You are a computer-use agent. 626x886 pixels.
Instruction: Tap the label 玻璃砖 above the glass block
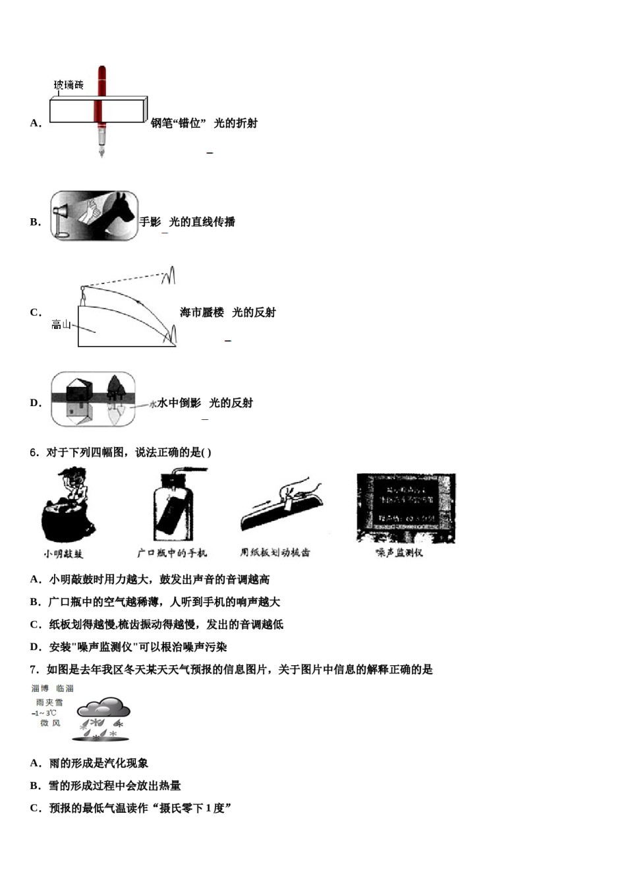(69, 85)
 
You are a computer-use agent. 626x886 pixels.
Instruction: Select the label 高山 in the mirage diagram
(61, 324)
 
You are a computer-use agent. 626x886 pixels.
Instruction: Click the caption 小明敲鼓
(63, 554)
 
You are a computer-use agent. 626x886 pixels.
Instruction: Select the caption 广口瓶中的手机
(172, 553)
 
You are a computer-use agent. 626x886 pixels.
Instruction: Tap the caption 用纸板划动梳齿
(275, 552)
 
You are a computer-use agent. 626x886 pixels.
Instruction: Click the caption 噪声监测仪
(399, 552)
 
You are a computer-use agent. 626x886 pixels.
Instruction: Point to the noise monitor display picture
(406, 508)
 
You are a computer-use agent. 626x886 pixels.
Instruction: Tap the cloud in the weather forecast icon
(103, 708)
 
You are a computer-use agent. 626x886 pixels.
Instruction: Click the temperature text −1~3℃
(45, 713)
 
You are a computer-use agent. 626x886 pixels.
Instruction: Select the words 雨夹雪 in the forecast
(49, 703)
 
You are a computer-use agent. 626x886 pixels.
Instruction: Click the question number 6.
(34, 452)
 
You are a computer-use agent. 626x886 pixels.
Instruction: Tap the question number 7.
(34, 670)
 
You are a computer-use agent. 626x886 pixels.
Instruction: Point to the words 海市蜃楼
(202, 312)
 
